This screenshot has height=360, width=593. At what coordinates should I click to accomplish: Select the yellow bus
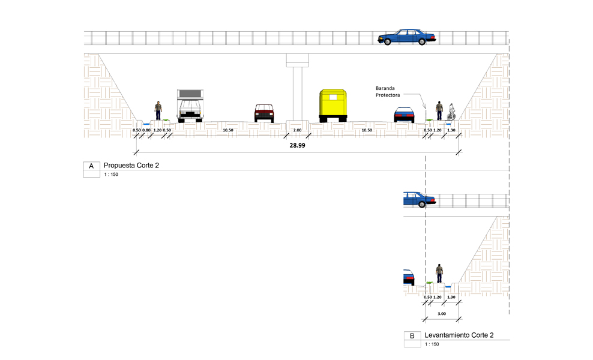333,106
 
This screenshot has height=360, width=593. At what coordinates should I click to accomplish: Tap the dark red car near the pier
264,113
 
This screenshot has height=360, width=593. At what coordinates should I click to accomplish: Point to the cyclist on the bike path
452,111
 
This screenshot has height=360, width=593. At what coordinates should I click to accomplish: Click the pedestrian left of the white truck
158,110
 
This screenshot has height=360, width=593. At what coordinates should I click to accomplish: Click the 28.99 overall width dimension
297,146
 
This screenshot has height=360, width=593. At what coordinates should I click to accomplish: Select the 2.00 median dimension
297,130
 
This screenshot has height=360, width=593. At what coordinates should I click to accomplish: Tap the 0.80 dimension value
147,130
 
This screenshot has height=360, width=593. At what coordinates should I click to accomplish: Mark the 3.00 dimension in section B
442,313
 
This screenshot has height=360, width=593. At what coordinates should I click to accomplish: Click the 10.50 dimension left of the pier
228,130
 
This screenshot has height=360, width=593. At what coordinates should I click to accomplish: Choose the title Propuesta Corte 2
131,165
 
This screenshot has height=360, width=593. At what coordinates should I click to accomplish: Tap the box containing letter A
91,166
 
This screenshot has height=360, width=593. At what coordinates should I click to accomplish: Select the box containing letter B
412,336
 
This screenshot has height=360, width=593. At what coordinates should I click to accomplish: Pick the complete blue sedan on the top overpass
406,37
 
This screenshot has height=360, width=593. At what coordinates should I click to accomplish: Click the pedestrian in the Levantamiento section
439,274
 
